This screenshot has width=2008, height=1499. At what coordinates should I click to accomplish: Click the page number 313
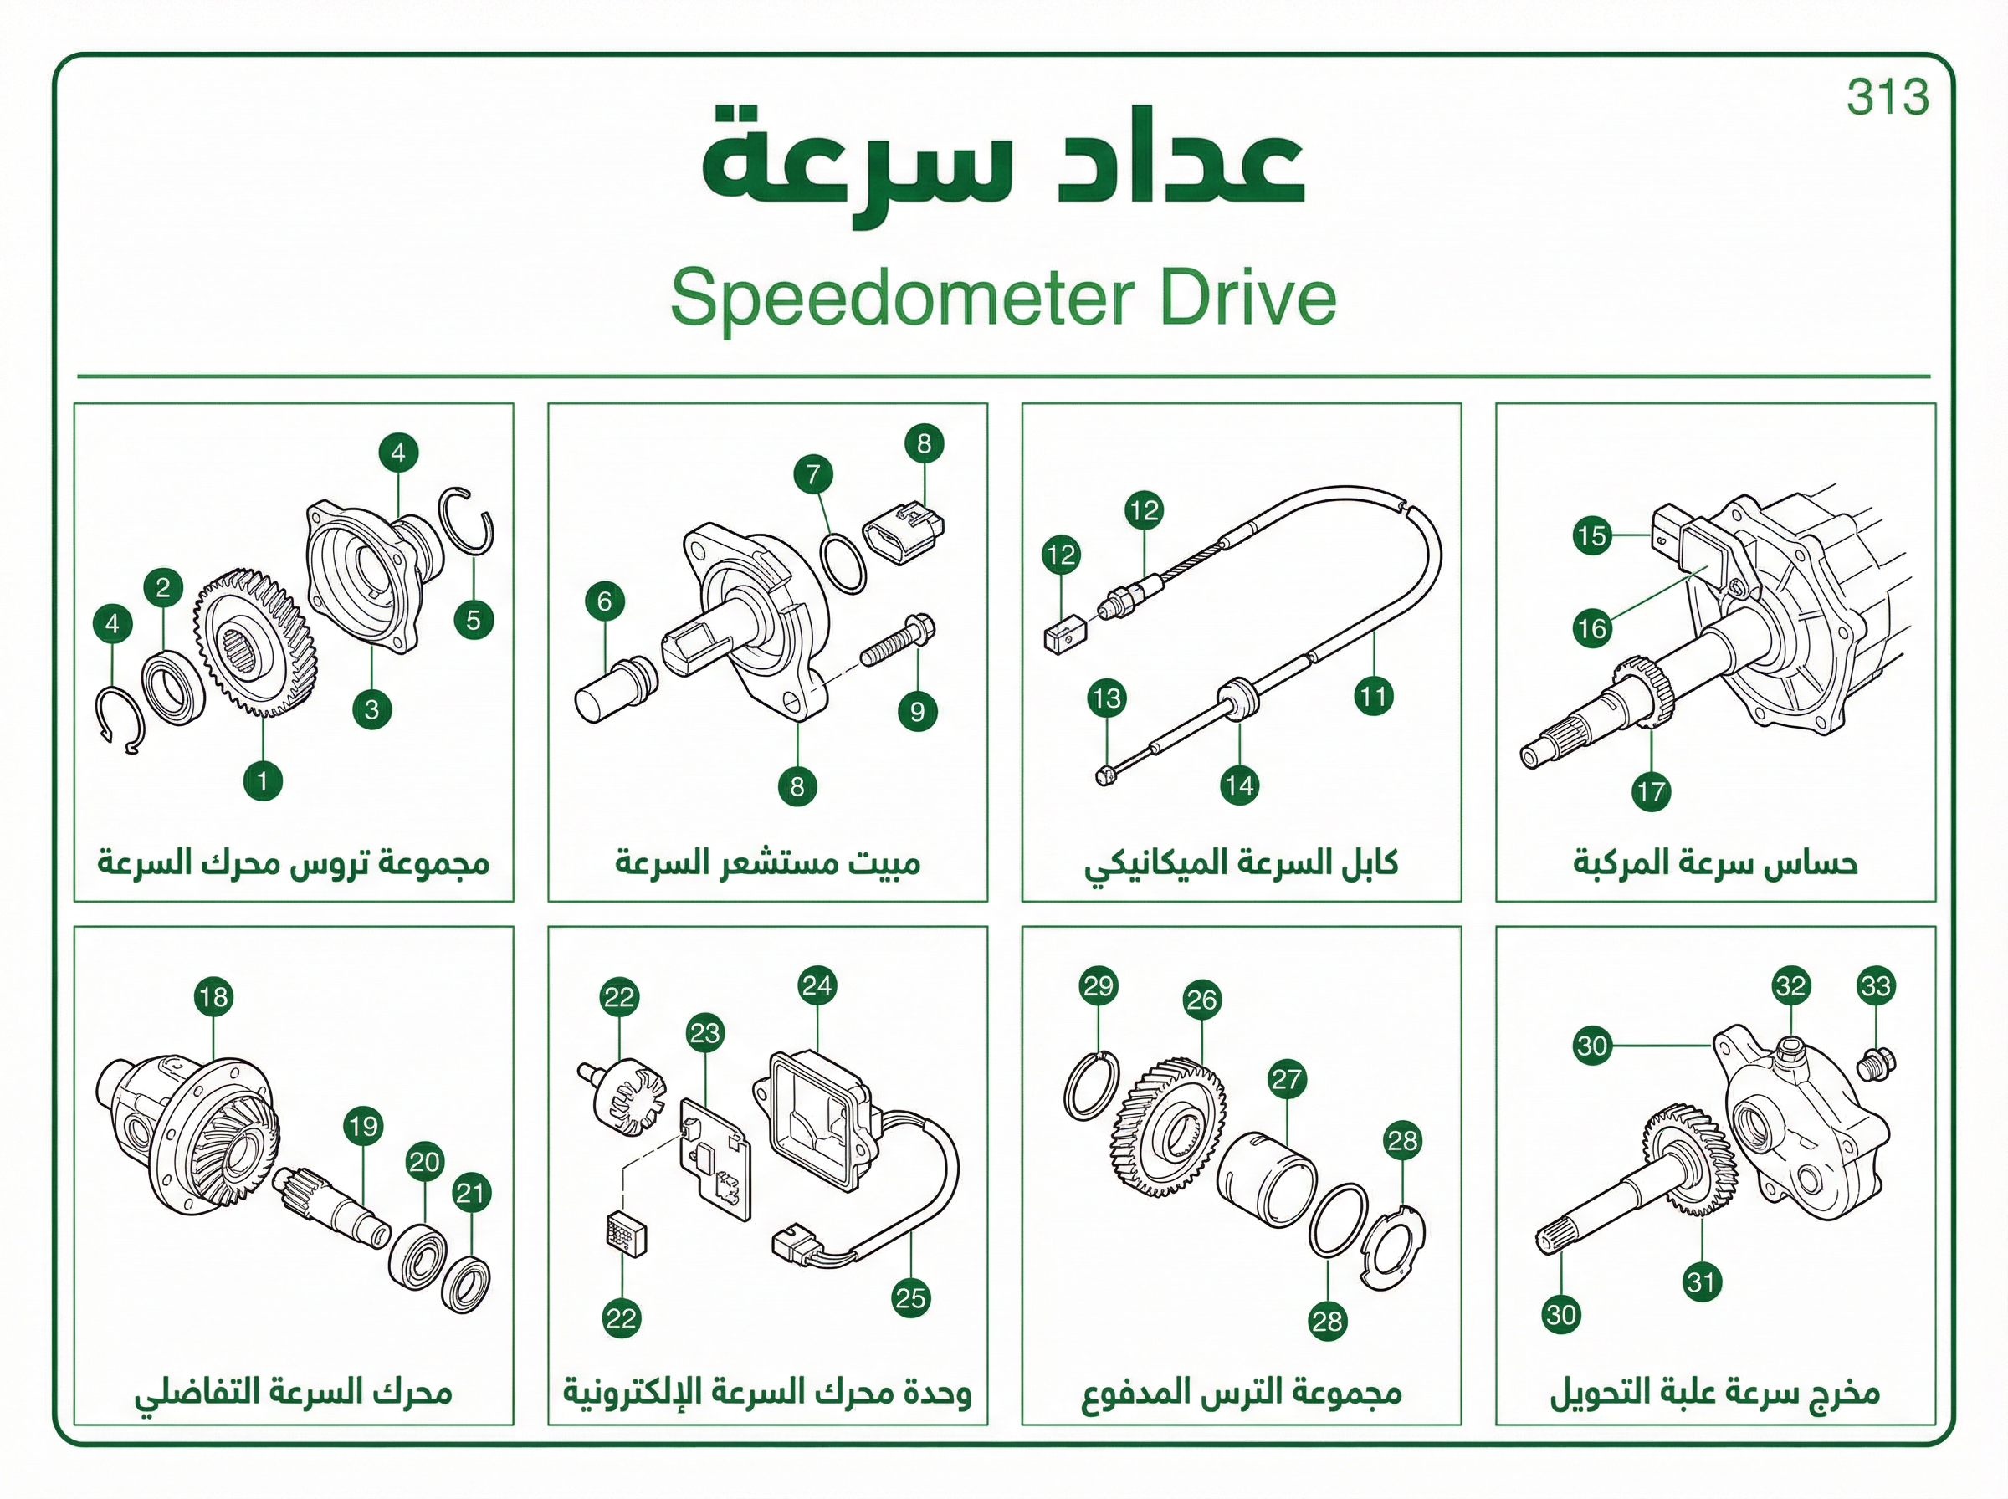point(1888,98)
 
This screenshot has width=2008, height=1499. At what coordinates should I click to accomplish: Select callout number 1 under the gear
point(262,780)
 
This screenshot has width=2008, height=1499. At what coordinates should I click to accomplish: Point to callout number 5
point(474,621)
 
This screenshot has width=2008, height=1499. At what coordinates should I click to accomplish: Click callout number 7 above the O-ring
point(813,473)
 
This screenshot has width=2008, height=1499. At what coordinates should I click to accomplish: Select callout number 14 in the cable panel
point(1239,785)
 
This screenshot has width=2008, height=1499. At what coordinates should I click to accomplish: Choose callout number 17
point(1651,792)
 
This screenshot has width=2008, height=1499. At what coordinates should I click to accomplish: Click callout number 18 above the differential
point(213,997)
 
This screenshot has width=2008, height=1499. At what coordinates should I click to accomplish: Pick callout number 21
point(471,1192)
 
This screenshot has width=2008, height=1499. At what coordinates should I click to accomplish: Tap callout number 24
point(817,986)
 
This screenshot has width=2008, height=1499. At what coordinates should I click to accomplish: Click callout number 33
point(1876,986)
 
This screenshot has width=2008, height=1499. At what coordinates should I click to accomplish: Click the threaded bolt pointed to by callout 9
point(898,641)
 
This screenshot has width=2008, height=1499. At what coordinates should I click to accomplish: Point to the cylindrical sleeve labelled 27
point(1265,1179)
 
